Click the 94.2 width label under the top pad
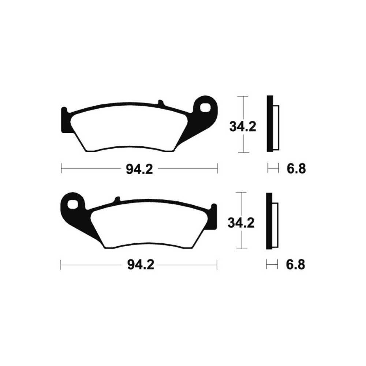pos(139,169)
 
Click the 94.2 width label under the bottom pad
pos(141,265)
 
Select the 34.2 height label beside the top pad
pos(243,127)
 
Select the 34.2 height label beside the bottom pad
pos(241,223)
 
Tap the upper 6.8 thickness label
pos(296,168)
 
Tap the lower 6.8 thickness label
pos(295,265)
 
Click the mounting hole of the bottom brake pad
pos(72,205)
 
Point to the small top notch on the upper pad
pos(161,103)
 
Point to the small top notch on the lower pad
pos(117,199)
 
